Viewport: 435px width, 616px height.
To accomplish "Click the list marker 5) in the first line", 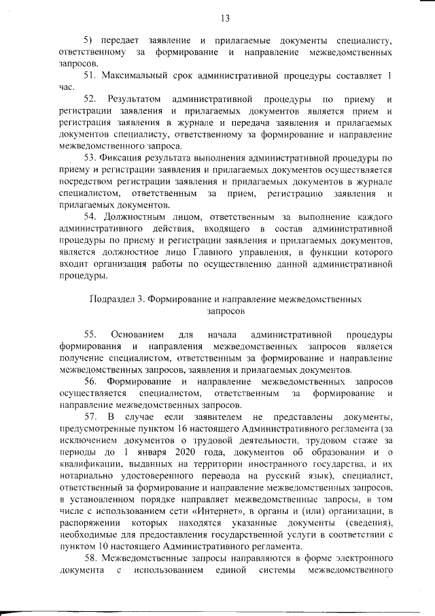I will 88,41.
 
